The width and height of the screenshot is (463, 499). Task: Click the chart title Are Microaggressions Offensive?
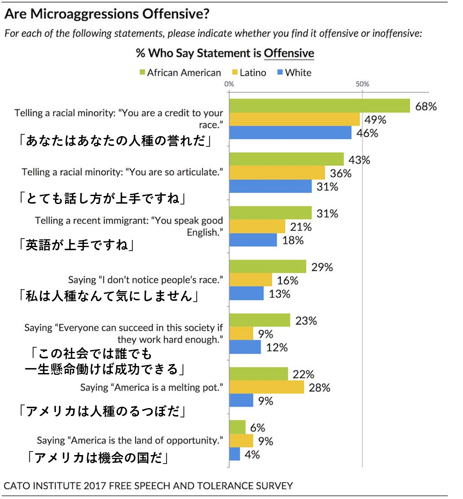pos(106,14)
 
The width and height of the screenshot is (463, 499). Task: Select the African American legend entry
pos(180,73)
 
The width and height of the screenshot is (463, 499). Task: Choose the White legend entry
pos(294,73)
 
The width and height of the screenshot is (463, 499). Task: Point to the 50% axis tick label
pos(362,84)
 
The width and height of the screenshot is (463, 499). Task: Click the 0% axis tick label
pos(229,84)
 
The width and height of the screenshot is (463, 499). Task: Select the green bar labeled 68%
pos(319,106)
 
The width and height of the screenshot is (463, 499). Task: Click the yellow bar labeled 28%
pos(267,387)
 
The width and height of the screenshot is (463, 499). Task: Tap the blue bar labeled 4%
pos(235,454)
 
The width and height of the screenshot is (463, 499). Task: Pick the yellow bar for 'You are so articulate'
pos(277,173)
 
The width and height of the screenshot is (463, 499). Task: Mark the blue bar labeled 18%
pos(253,240)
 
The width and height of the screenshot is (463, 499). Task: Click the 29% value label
pos(322,267)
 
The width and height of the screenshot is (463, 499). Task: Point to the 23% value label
pos(306,320)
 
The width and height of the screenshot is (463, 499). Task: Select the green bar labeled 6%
pos(237,428)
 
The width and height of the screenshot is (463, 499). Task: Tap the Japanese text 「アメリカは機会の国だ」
pos(98,458)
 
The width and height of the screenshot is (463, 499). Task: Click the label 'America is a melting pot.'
pos(151,387)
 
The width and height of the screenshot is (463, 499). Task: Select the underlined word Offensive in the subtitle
pos(289,54)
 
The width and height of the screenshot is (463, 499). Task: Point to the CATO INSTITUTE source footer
pos(148,485)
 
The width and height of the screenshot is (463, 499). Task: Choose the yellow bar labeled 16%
pos(251,280)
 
